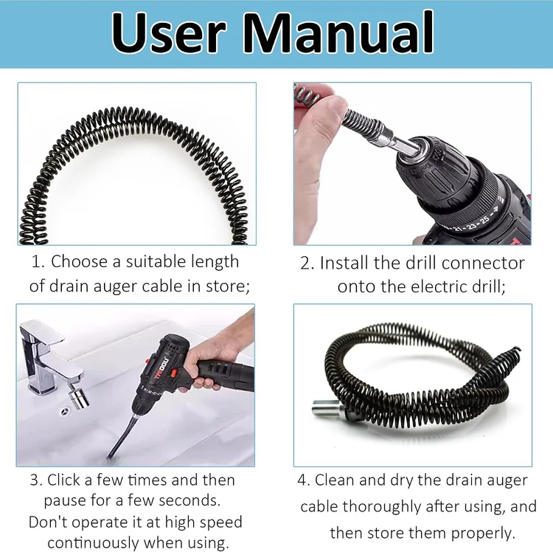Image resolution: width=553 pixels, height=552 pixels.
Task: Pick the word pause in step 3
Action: [x=64, y=501]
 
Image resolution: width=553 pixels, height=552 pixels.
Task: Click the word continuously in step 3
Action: [x=93, y=543]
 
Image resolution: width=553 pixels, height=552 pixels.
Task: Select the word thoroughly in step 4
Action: [x=382, y=506]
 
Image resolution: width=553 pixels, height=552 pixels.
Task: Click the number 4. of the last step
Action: [x=304, y=480]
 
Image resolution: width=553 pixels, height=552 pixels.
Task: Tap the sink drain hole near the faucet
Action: [x=65, y=411]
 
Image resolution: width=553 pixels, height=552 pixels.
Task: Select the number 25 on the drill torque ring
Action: [x=486, y=219]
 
